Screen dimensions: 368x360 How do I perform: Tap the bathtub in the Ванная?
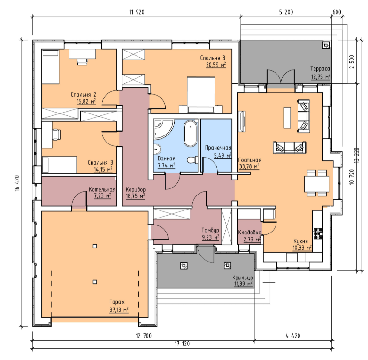click(191, 133)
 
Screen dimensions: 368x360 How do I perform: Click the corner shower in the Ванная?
click(163, 129)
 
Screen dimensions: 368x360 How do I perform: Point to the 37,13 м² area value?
click(119, 309)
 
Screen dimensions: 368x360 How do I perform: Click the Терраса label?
click(320, 68)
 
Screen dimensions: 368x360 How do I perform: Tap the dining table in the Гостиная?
click(316, 184)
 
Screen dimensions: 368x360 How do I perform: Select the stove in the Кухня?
click(318, 233)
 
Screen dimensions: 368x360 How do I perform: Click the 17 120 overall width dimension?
click(182, 344)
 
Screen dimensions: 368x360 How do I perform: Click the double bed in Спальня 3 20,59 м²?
click(201, 95)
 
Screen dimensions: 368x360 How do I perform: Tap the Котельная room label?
click(102, 189)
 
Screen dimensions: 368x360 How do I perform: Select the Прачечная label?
click(218, 148)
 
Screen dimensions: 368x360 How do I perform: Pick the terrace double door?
click(281, 76)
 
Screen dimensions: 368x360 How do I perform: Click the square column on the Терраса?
click(326, 45)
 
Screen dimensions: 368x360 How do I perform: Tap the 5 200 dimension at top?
click(286, 12)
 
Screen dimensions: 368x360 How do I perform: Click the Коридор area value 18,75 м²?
click(135, 196)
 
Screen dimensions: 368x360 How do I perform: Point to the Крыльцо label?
click(243, 277)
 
